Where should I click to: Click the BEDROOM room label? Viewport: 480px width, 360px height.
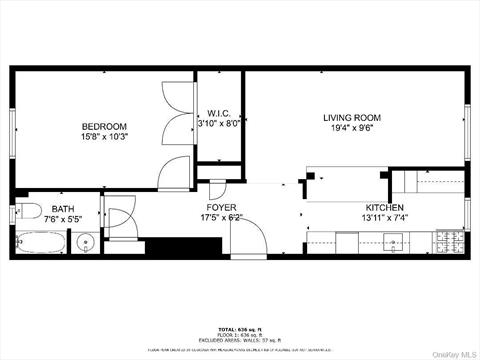pos(104,126)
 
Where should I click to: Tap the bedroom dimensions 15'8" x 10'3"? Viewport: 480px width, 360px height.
pos(104,138)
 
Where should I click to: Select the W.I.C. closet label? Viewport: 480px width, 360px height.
pos(220,113)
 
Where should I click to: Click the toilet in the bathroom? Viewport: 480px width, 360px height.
pos(30,212)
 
